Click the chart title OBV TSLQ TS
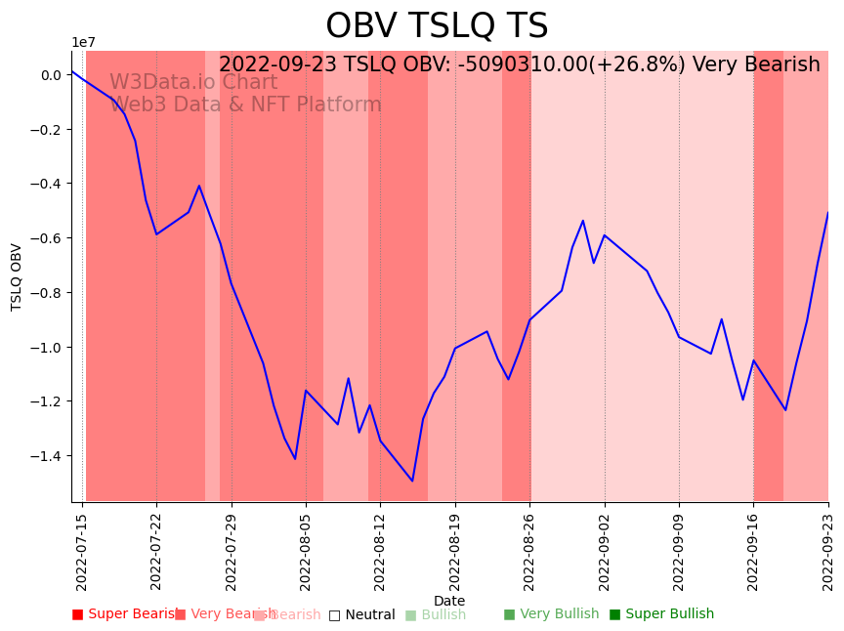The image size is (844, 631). [x=437, y=26]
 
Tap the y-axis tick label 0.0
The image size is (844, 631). [x=51, y=75]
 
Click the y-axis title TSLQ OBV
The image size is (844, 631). [x=17, y=276]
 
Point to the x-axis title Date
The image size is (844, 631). [x=449, y=601]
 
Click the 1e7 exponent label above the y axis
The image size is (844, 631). [x=84, y=42]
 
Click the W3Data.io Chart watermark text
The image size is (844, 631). [x=193, y=83]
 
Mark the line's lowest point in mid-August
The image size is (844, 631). [x=412, y=481]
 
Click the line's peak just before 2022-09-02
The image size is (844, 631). [x=583, y=221]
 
